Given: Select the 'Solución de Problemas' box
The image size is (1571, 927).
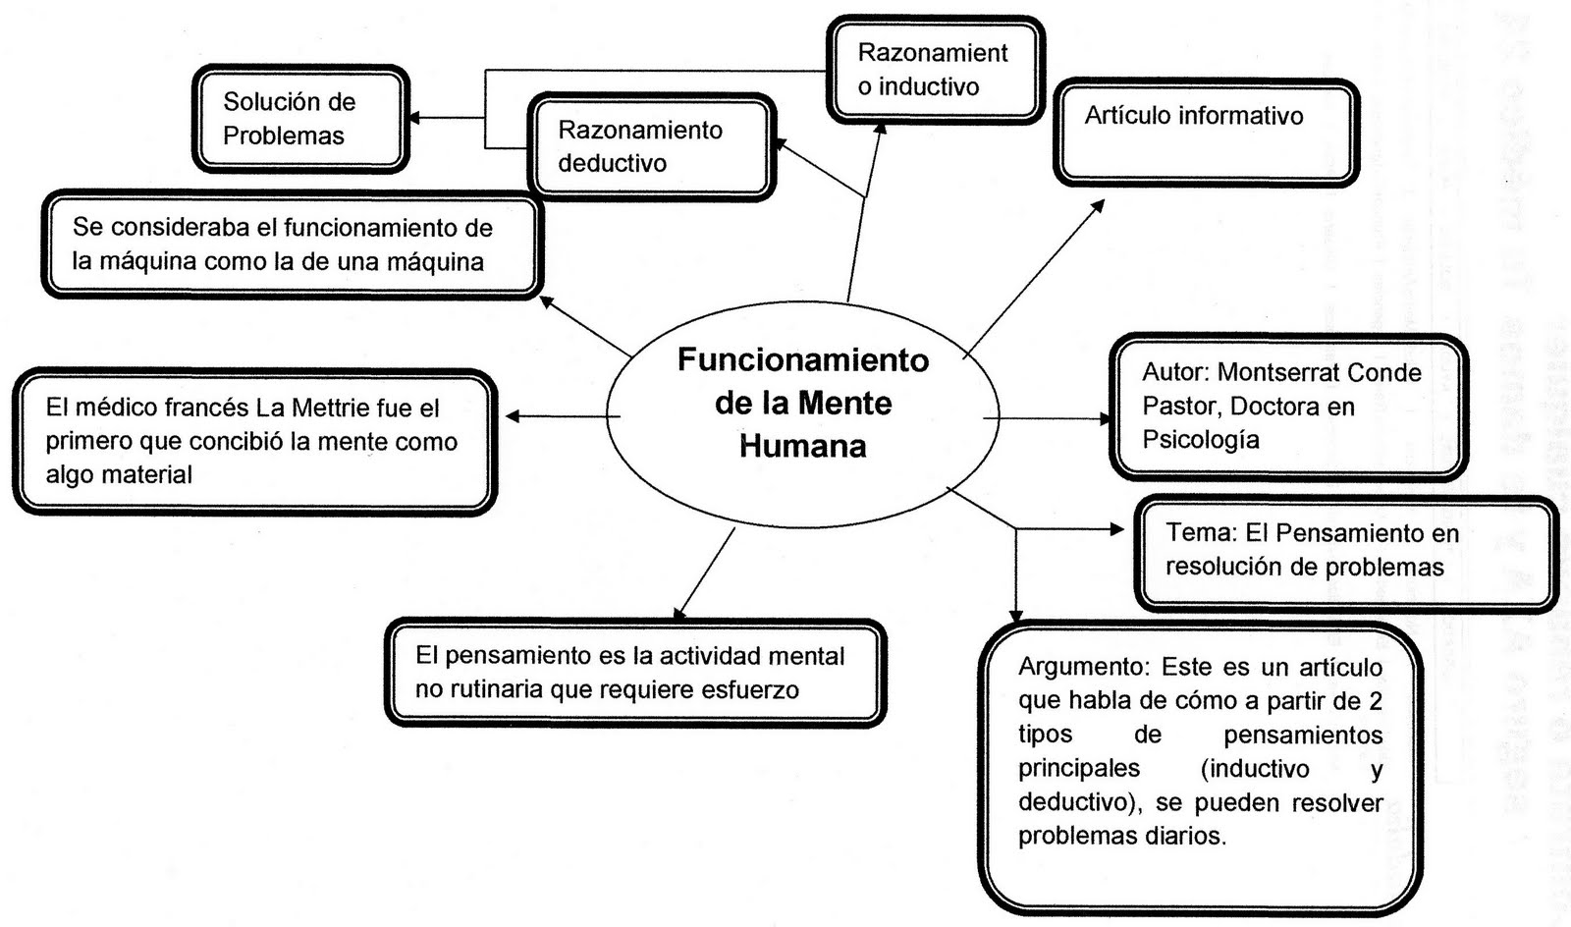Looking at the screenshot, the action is click(300, 119).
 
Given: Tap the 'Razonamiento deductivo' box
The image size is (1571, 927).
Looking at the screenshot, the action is click(651, 147).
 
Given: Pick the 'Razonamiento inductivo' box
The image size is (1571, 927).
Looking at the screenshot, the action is click(934, 70).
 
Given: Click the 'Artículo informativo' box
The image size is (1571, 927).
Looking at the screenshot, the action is click(1206, 134).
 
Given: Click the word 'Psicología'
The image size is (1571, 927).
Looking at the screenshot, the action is click(1200, 440).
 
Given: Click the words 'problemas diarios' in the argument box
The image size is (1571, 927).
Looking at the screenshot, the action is click(1121, 837).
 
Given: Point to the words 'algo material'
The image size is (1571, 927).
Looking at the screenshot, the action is click(119, 475).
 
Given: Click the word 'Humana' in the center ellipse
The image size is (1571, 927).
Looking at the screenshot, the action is click(802, 447).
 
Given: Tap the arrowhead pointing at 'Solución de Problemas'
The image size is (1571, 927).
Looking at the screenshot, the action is click(413, 118).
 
